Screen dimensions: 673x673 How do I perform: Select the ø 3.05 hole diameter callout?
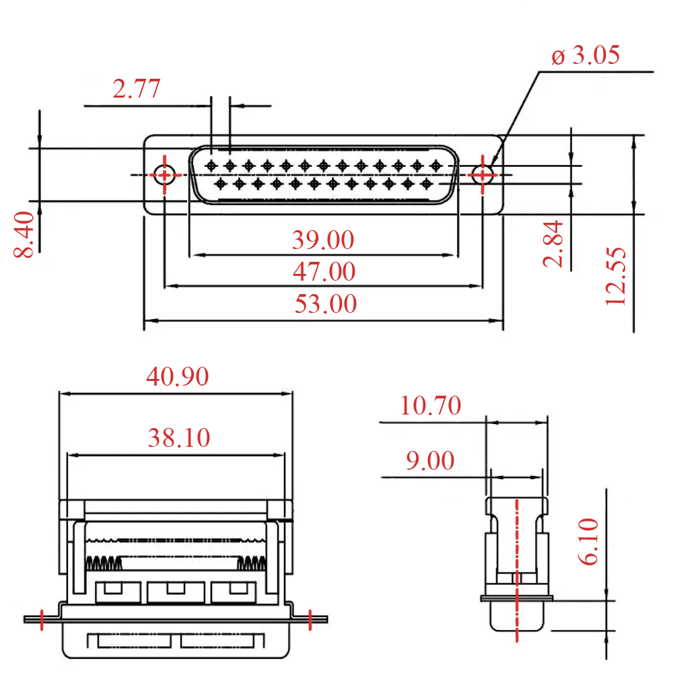pyautogui.click(x=585, y=55)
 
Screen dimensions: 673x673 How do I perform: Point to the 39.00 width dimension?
pyautogui.click(x=322, y=240)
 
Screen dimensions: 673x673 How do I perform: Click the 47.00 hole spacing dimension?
pyautogui.click(x=324, y=272)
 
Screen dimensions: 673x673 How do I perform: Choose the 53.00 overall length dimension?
pyautogui.click(x=325, y=304)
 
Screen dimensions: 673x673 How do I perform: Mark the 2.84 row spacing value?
pyautogui.click(x=553, y=243)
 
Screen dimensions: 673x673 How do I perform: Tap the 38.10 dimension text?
pyautogui.click(x=179, y=439)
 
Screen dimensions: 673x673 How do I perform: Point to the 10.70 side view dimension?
pyautogui.click(x=431, y=406)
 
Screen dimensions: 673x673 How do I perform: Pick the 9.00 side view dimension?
pyautogui.click(x=430, y=461)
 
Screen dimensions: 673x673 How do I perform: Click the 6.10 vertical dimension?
pyautogui.click(x=589, y=541)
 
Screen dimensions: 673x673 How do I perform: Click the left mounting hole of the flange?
pyautogui.click(x=165, y=175)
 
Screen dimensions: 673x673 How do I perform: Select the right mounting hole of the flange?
pyautogui.click(x=482, y=175)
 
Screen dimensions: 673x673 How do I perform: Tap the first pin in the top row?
pyautogui.click(x=211, y=165)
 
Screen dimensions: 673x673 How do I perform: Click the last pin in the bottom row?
pyautogui.click(x=425, y=182)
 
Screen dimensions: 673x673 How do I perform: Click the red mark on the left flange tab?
pyautogui.click(x=42, y=618)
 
